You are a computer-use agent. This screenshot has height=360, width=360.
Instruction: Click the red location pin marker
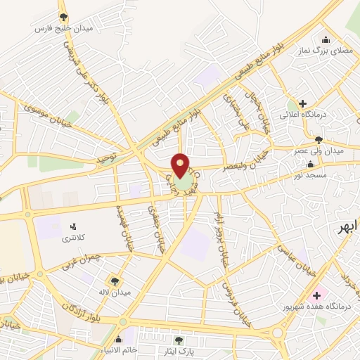(180, 167)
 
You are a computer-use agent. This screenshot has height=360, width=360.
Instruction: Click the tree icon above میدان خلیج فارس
(64, 16)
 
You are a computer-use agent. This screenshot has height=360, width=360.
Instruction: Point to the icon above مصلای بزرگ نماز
(325, 40)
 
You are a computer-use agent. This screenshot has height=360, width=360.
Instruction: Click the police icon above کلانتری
(72, 226)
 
